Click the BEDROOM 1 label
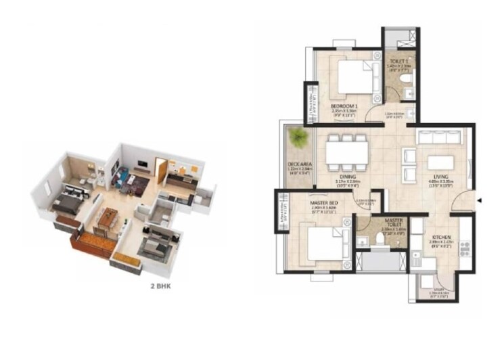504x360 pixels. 344,107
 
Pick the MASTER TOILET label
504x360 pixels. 393,223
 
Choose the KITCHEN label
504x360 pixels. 440,238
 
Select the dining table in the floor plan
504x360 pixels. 347,152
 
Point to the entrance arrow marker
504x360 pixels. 479,201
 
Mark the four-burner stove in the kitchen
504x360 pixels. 464,248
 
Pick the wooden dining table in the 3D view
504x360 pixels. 108,219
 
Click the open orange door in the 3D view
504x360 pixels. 161,166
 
